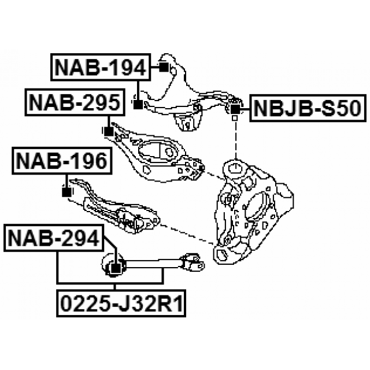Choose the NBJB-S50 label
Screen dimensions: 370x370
tap(308, 108)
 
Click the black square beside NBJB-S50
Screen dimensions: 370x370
tap(235, 108)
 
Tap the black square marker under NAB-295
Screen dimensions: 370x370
tap(108, 132)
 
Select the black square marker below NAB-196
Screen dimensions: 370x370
tap(66, 191)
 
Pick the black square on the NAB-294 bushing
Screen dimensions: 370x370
tap(114, 268)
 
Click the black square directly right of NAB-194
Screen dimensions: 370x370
tap(163, 68)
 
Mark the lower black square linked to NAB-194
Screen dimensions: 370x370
tap(138, 105)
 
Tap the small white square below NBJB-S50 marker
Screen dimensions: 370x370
tap(235, 119)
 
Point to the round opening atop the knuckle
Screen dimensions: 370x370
tap(235, 169)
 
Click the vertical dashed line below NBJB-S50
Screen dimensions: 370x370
tap(235, 139)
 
